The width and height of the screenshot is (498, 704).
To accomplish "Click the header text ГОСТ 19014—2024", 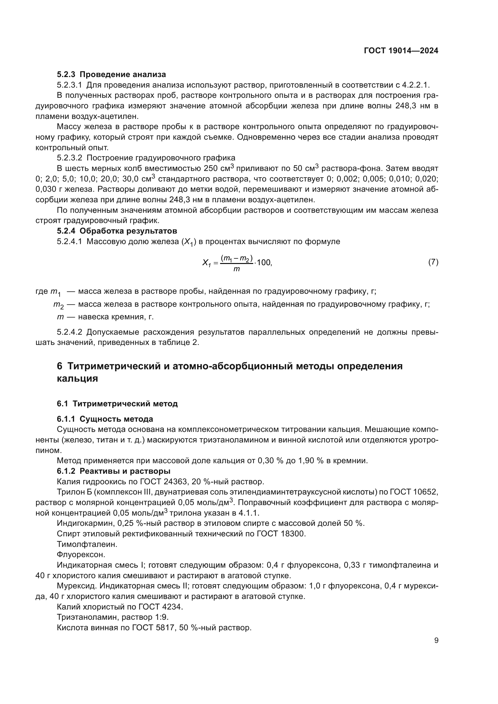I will coord(401,51).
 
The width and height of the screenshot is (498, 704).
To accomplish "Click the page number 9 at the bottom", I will coord(436,640).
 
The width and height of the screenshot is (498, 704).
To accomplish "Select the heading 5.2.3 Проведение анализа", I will coord(111,75).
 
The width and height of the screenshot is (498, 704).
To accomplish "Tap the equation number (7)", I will coord(433,262).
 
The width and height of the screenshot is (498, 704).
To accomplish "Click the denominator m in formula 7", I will coord(236,269).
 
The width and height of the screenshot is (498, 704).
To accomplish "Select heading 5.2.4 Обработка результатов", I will coord(117,231).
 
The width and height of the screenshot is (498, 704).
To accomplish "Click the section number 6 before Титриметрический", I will coord(60,366).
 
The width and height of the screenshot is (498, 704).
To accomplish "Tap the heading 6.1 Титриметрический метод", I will coord(117,404).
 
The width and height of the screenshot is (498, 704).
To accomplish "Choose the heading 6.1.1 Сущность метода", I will coord(105,419).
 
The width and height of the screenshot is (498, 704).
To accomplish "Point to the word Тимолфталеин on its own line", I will coord(87,544).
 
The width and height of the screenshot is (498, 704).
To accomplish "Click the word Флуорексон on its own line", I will coord(81,555).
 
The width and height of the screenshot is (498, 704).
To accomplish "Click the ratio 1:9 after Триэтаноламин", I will coord(161,617).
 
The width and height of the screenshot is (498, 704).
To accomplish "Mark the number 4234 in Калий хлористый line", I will coord(172,607).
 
